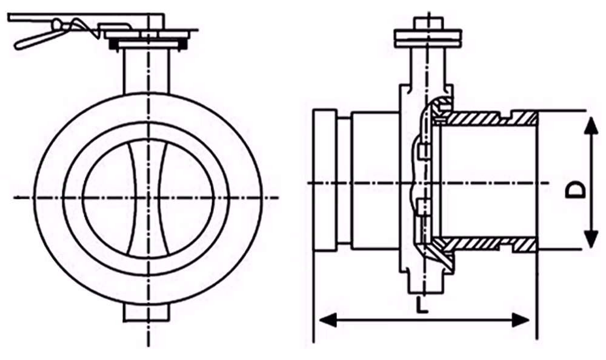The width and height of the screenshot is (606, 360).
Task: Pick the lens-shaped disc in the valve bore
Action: click(x=148, y=198)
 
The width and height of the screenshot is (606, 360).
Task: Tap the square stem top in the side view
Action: click(x=428, y=22)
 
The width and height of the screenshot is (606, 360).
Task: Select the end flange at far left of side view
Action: click(x=325, y=181)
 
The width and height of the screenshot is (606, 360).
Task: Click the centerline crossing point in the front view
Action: click(x=148, y=198)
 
